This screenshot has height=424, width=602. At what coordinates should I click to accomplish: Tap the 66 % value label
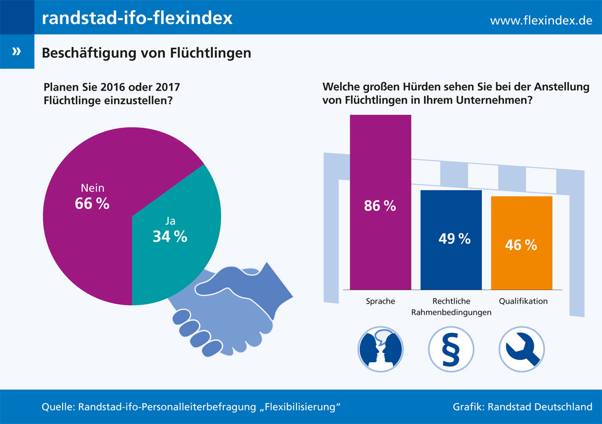click(x=92, y=203)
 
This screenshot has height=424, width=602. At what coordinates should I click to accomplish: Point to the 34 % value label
click(x=170, y=236)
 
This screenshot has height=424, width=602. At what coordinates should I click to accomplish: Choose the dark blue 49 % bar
click(x=451, y=266)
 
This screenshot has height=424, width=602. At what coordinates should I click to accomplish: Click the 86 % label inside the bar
click(x=380, y=205)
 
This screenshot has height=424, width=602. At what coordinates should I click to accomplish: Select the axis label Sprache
click(x=380, y=301)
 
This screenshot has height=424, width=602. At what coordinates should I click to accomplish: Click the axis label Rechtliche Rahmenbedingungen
click(x=451, y=307)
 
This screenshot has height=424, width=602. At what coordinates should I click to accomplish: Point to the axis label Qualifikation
click(x=523, y=301)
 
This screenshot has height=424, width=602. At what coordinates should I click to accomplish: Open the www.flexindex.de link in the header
click(x=541, y=21)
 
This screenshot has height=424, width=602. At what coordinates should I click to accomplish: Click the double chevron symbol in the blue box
click(x=17, y=52)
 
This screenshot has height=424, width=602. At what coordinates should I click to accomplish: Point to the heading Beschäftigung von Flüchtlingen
click(x=146, y=52)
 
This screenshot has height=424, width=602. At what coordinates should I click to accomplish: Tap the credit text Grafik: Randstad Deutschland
click(x=522, y=406)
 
